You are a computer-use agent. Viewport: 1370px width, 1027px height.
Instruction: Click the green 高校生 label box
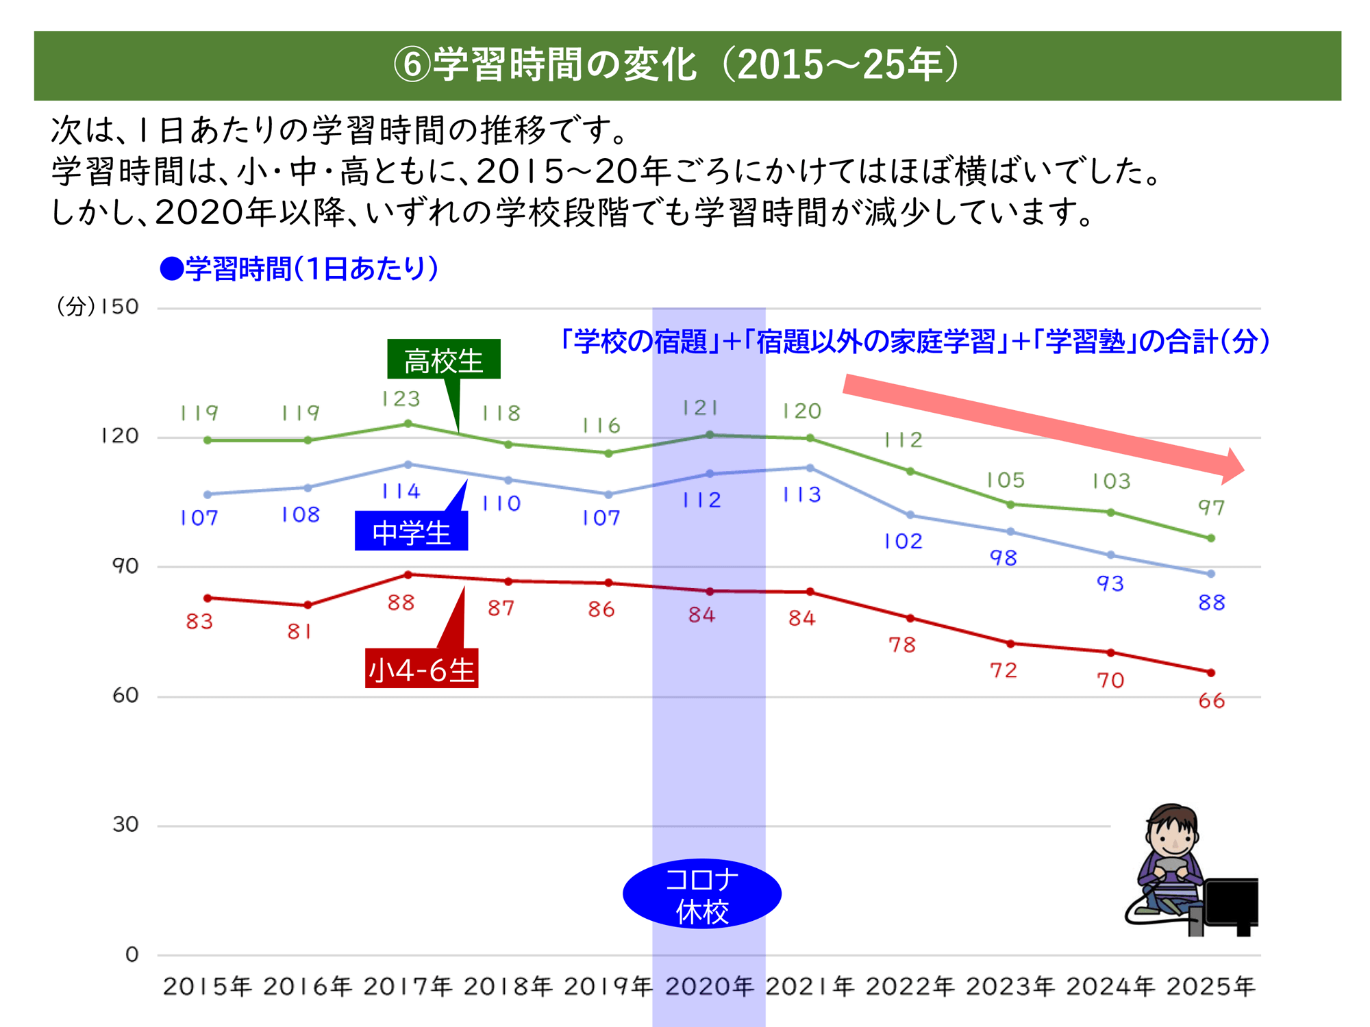[443, 359]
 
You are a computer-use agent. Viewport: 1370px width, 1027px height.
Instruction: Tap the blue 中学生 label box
[411, 532]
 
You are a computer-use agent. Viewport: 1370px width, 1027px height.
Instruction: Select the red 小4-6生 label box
[421, 669]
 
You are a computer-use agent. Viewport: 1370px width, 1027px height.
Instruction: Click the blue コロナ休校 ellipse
[701, 894]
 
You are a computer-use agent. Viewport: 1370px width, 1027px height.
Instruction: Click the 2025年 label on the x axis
[1210, 987]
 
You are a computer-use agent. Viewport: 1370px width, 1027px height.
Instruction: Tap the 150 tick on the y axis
[119, 307]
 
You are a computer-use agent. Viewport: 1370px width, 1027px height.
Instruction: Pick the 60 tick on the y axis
[125, 696]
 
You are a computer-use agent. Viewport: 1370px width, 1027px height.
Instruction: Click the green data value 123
[401, 398]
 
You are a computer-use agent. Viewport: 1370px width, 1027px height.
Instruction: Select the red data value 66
[1211, 701]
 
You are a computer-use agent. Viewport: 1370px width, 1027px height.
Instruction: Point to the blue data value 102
[903, 542]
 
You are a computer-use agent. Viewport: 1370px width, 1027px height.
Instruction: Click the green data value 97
[1211, 508]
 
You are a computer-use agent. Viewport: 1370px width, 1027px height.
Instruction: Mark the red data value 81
[299, 631]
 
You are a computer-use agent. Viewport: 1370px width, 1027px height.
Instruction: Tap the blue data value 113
[802, 495]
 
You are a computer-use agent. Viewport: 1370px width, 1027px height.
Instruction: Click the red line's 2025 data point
[1211, 673]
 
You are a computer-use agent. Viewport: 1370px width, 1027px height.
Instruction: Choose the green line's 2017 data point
[408, 424]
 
